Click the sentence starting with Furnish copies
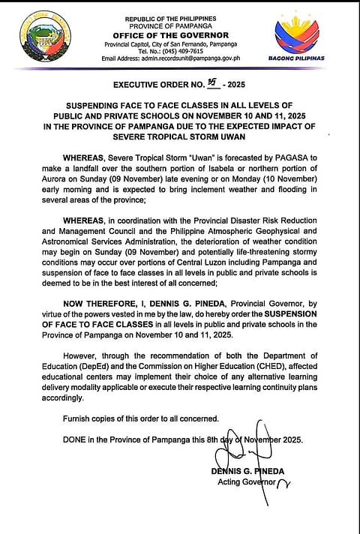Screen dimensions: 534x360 [141, 417]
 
